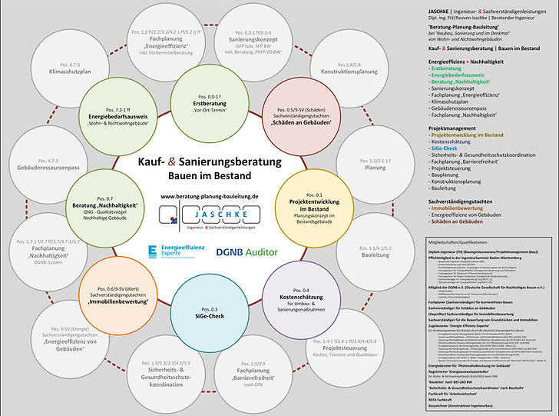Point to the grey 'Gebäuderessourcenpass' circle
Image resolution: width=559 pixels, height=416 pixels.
click(43, 164)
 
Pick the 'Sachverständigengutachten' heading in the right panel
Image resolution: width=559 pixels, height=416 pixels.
click(469, 200)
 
